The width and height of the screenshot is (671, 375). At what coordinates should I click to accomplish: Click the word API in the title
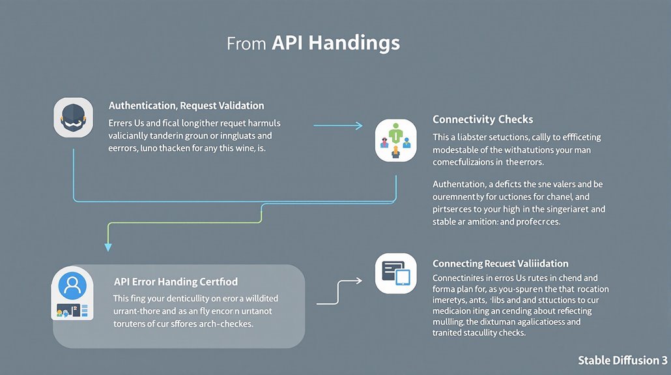(x=287, y=43)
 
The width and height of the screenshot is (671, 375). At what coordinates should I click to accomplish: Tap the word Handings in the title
(x=354, y=44)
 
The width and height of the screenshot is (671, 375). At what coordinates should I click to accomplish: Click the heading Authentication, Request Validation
(x=186, y=105)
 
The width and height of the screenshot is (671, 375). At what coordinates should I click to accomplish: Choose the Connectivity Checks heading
(x=483, y=119)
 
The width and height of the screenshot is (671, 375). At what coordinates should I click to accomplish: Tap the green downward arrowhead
(x=108, y=247)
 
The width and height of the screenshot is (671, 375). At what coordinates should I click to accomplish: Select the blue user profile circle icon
(x=73, y=286)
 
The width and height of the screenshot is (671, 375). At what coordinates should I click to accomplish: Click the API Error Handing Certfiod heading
(x=176, y=282)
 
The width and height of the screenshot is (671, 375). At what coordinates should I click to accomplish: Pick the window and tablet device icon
(x=395, y=273)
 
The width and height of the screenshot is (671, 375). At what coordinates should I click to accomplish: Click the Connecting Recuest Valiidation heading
(x=500, y=263)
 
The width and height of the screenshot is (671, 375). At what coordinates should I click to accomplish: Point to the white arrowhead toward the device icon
(x=359, y=280)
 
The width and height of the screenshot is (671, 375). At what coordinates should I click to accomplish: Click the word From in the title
(x=246, y=44)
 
